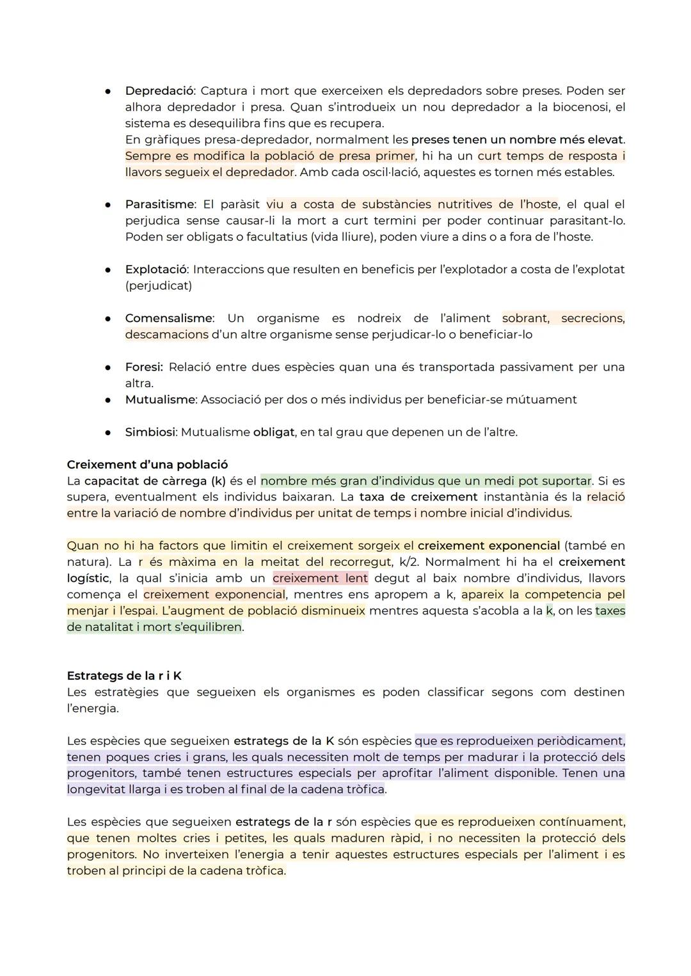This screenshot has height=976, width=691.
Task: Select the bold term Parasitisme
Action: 159,204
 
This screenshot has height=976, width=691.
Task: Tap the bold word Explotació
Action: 155,269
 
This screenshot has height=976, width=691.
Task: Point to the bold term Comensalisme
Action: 168,318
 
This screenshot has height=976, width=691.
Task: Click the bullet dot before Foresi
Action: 109,367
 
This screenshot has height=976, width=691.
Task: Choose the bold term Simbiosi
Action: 150,432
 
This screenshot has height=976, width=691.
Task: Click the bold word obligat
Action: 274,432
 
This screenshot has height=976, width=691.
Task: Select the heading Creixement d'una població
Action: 147,465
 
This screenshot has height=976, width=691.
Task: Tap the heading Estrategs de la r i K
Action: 124,676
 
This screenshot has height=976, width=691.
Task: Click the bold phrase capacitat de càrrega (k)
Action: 155,481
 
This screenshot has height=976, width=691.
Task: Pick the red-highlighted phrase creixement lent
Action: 320,578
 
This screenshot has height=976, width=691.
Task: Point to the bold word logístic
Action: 89,578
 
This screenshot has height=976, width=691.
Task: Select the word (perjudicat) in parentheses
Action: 158,285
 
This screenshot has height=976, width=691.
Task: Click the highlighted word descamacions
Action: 166,334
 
